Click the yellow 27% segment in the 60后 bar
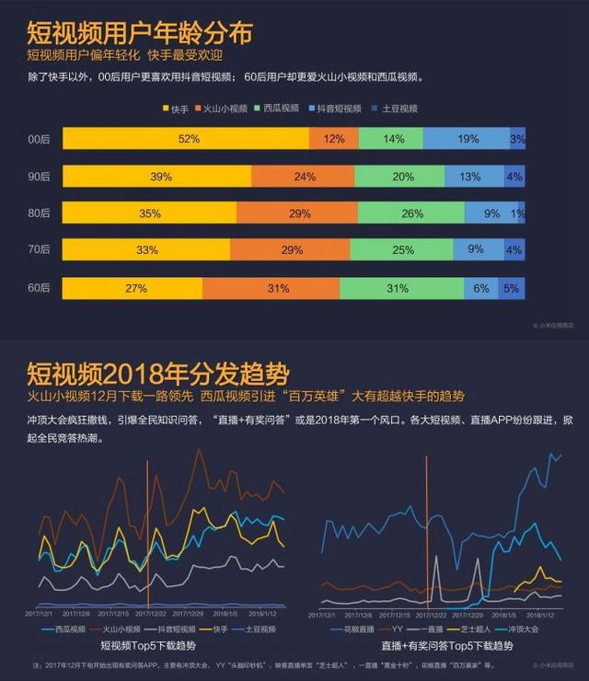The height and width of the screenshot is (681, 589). (135, 288)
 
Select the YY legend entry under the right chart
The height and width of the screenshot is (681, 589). (392, 629)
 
